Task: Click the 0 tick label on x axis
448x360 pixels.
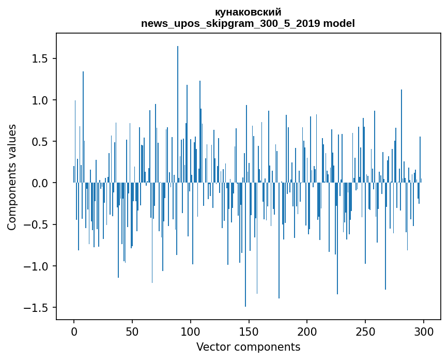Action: [74, 332]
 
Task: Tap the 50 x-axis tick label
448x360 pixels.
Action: [132, 332]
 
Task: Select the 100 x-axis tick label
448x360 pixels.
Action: [191, 332]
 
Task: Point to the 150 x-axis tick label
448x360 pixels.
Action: [249, 332]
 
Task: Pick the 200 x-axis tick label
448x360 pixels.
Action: [307, 332]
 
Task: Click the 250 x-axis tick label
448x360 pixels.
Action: [365, 332]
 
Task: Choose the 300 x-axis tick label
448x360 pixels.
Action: [424, 332]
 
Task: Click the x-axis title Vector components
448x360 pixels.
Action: [248, 347]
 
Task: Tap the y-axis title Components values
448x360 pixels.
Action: [12, 177]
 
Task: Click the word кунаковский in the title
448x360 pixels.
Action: [248, 12]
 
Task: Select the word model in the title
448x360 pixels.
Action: [339, 24]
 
